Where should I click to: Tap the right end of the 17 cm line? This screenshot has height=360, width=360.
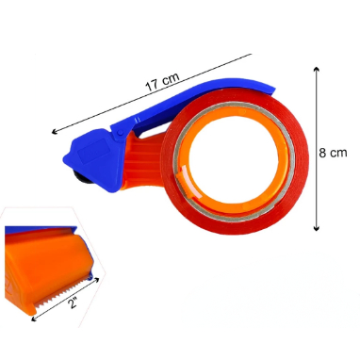pos(253,53)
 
